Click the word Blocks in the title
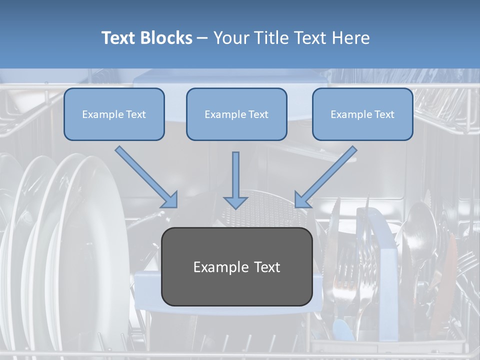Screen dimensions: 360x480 coord(167,38)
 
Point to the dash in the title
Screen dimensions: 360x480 coord(202,38)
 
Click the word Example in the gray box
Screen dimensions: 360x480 coord(220,267)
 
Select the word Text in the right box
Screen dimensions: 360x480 coord(384,114)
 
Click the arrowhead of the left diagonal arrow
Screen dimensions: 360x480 coord(170,199)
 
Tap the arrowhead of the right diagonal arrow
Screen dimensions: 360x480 coord(302,199)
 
